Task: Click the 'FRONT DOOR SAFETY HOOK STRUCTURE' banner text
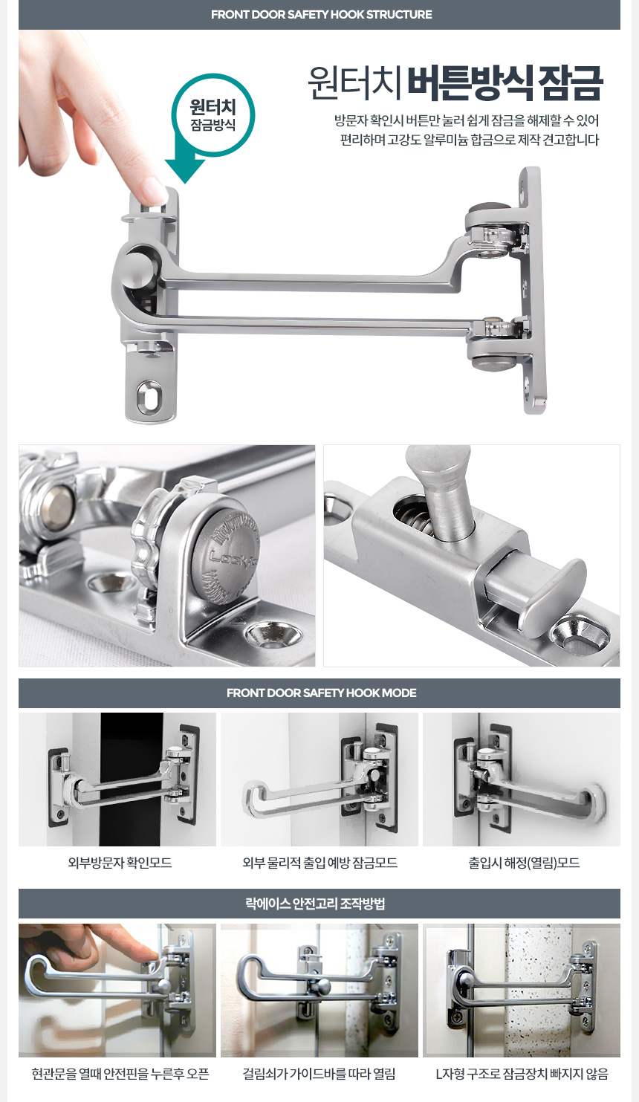tap(321, 15)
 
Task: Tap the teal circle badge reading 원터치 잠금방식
tap(213, 115)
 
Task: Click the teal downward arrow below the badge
tap(185, 165)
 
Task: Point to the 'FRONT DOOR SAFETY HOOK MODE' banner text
tap(321, 693)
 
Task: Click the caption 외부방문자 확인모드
tap(120, 863)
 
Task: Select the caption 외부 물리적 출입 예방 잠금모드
tap(319, 863)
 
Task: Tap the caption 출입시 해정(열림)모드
tap(524, 863)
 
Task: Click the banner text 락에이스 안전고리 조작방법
tap(315, 904)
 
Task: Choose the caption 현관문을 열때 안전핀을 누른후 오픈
tap(120, 1074)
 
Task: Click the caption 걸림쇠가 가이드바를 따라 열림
tap(319, 1074)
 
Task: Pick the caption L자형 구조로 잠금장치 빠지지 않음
tap(522, 1074)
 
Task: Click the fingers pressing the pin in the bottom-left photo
tap(113, 941)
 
